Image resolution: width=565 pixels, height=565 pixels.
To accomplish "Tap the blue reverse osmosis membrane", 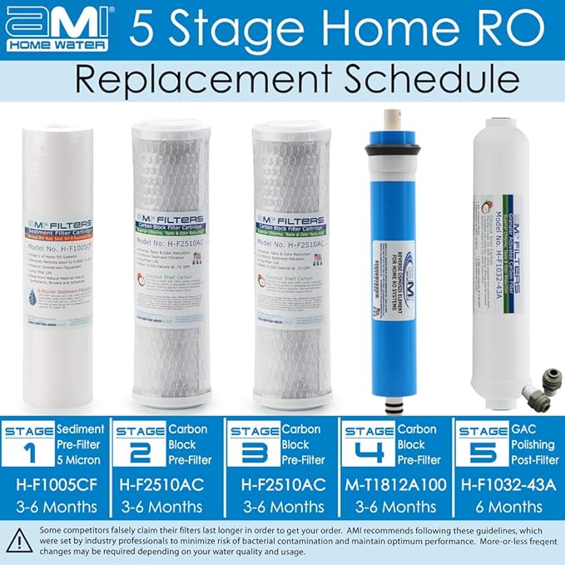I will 393,258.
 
